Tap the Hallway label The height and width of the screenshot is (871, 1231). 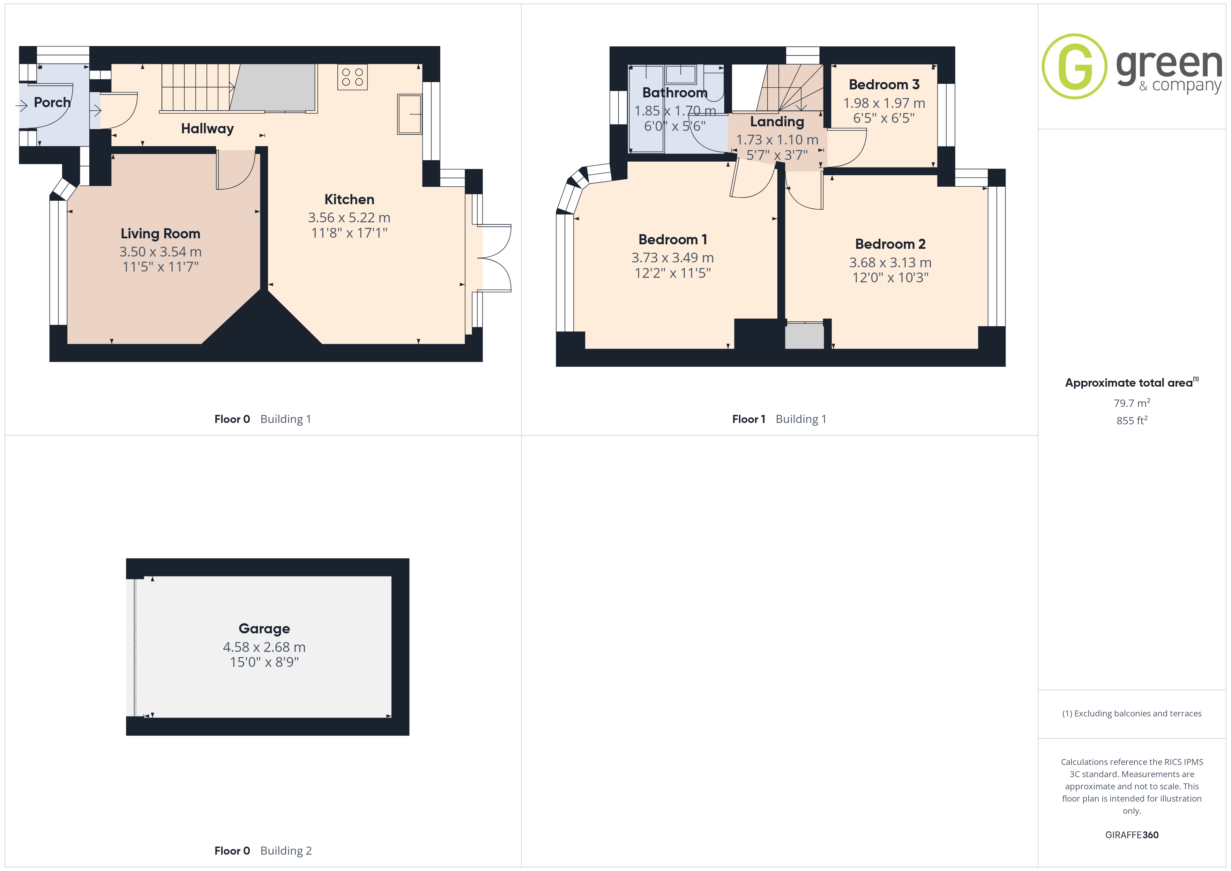208,129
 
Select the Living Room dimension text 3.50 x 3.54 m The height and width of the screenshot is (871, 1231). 160,252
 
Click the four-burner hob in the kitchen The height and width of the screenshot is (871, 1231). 352,77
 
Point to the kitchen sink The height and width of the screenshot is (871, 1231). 410,114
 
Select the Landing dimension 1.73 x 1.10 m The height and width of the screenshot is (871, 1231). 777,140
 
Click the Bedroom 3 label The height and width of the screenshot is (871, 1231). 884,85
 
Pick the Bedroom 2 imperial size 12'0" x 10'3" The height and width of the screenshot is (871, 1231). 890,278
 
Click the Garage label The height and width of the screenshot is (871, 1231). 264,628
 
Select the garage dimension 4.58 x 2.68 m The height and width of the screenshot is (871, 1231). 264,647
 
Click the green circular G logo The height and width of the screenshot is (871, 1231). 1074,67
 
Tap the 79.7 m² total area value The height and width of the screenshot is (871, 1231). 1132,403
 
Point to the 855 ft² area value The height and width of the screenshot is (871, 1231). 1132,420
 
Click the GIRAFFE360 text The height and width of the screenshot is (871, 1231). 1132,835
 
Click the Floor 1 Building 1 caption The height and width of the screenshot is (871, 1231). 779,419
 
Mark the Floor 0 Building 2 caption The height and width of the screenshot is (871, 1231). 263,851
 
